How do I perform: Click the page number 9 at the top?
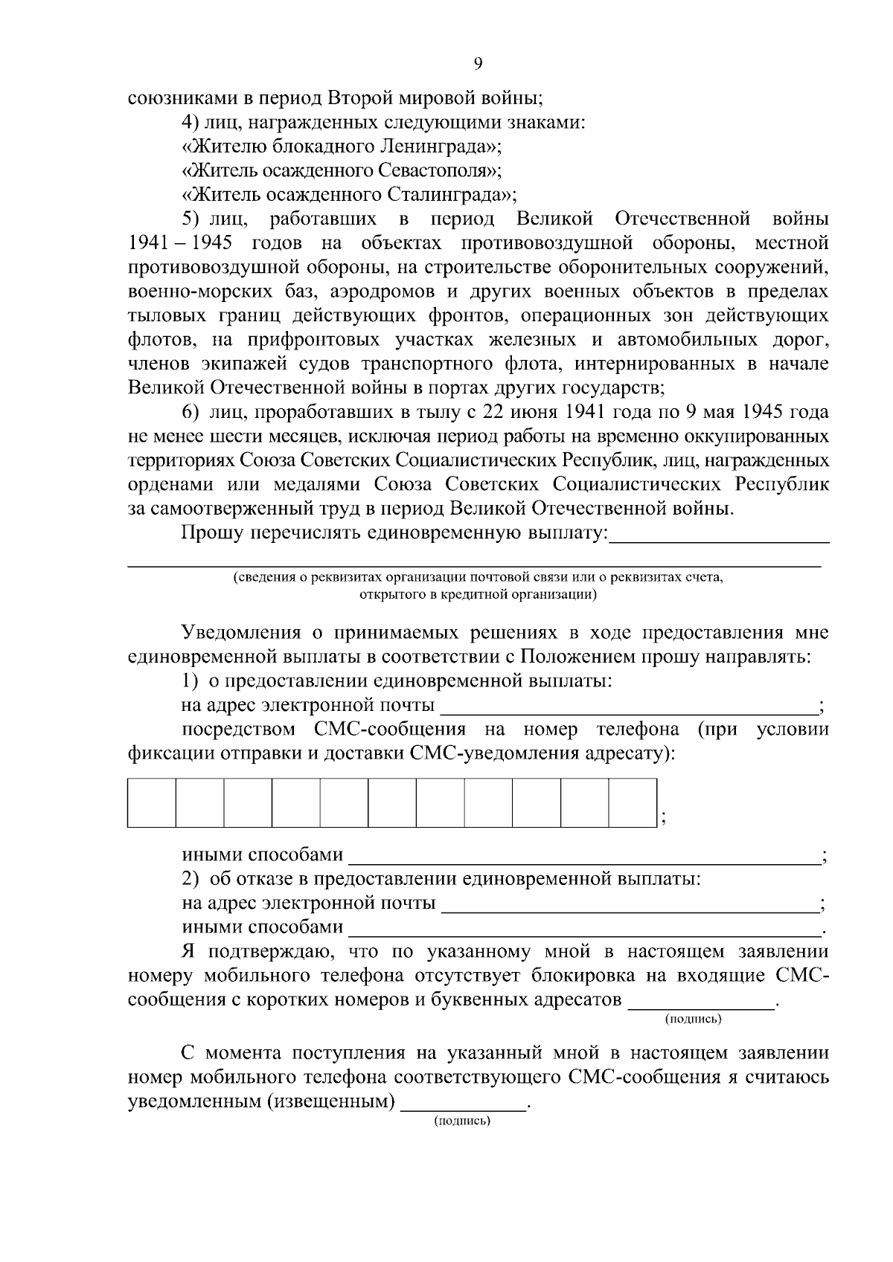[x=478, y=64]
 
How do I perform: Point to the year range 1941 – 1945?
[x=180, y=243]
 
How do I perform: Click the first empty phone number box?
[x=152, y=802]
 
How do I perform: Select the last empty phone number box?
[x=633, y=802]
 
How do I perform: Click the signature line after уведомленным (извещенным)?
[x=463, y=1101]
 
